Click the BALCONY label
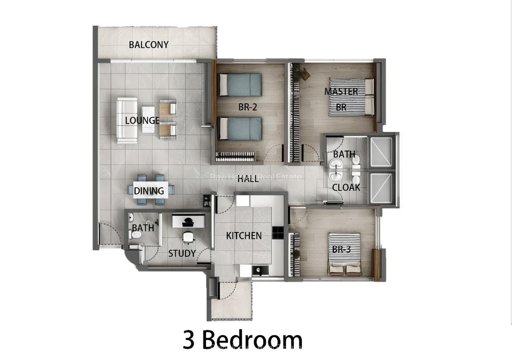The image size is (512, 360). [x=148, y=44]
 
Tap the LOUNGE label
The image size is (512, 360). [x=142, y=120]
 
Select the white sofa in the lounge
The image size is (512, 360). [x=127, y=120]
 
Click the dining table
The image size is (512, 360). [x=149, y=190]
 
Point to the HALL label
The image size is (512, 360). [x=248, y=179]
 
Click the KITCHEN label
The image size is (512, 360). [x=244, y=235]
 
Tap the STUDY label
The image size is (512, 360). [x=182, y=253]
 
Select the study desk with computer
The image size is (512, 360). [x=188, y=221]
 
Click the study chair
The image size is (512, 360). [x=188, y=237]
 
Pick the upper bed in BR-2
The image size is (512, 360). [x=240, y=84]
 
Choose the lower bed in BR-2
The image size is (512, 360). [x=240, y=128]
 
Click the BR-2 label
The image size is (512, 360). [x=248, y=107]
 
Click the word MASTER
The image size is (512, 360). [x=341, y=91]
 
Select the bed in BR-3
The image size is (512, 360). [x=344, y=254]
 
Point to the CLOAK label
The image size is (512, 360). [x=346, y=187]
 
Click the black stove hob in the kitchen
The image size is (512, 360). [x=278, y=232]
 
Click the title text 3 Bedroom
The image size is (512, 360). [x=243, y=340]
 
